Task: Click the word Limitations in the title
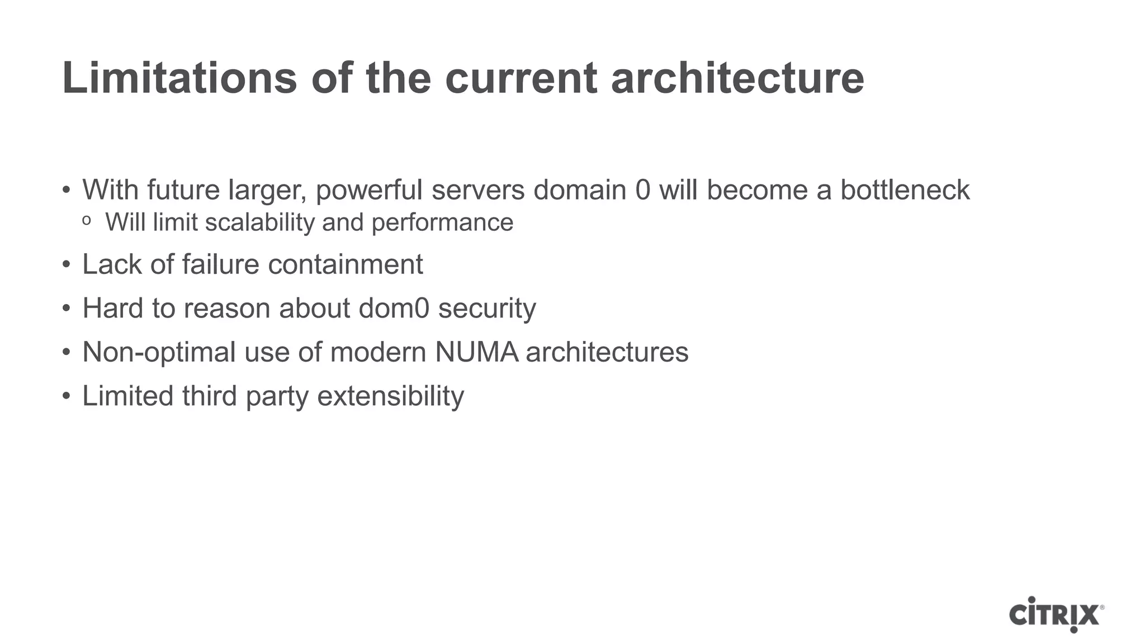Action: [x=179, y=78]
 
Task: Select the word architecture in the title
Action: [x=737, y=78]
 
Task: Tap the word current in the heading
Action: [x=521, y=78]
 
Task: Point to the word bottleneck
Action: [x=905, y=190]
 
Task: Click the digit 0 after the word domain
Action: [x=643, y=190]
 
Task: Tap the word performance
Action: [x=442, y=222]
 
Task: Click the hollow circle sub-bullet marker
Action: [x=86, y=221]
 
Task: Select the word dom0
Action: [x=394, y=309]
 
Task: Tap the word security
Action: [x=487, y=309]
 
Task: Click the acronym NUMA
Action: [x=476, y=352]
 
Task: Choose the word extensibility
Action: [x=390, y=396]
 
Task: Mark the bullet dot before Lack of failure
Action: [x=67, y=264]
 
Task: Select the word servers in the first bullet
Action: [x=478, y=190]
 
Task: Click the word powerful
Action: [x=369, y=190]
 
